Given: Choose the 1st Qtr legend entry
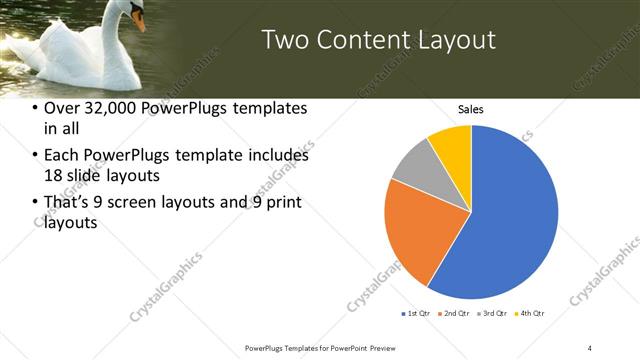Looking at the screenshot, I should click(415, 314).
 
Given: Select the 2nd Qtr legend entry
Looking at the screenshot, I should click(453, 314).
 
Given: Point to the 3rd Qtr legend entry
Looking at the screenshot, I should click(491, 314).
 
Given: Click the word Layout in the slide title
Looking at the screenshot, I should click(455, 41).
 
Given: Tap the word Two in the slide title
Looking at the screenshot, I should click(285, 41).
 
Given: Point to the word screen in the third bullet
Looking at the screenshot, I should click(170, 203).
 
